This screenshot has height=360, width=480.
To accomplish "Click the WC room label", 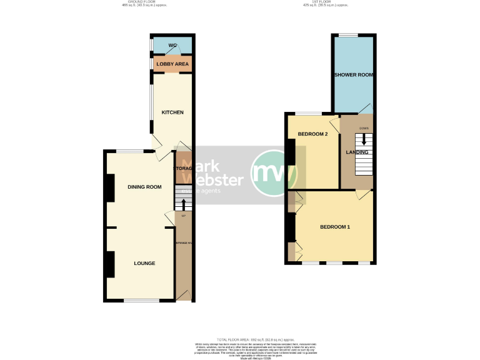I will click(172, 46).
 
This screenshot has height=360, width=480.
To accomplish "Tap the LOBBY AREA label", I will click(172, 64).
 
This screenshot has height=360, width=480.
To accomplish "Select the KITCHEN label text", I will click(172, 112).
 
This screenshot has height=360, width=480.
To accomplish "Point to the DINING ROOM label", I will click(144, 187).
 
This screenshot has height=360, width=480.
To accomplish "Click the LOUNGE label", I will click(144, 263).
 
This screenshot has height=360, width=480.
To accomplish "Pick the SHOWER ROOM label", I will click(354, 75).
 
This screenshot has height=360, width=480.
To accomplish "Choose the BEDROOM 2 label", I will click(312, 134).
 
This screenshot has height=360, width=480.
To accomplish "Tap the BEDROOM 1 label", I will click(335, 226).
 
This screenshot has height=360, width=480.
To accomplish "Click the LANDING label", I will click(357, 152).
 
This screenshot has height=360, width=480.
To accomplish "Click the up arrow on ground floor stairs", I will click(183, 204).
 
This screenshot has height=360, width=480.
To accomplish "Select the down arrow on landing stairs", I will click(364, 139).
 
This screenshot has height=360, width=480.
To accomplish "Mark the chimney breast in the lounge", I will click(109, 264).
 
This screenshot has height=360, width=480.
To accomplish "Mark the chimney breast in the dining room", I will click(109, 187).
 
